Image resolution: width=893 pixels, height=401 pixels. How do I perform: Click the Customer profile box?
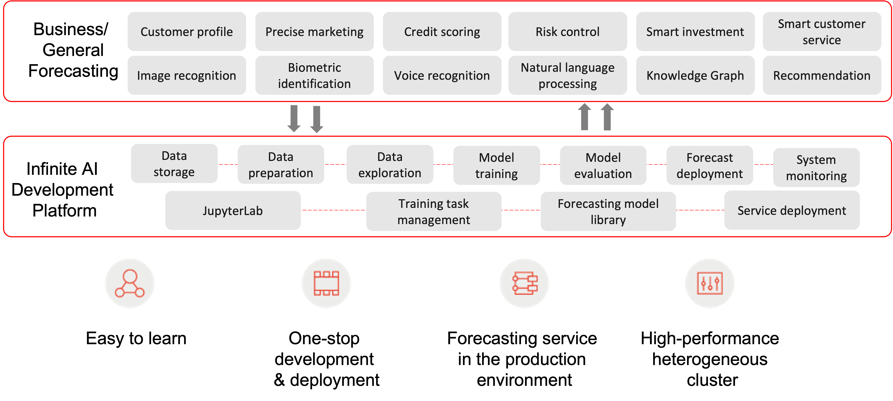186,32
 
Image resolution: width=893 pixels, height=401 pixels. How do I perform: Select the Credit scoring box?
442,32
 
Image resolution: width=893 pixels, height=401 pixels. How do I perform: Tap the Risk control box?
567,32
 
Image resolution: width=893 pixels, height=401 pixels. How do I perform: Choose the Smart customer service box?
822,32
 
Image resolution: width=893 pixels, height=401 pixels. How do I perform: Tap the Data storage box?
174,164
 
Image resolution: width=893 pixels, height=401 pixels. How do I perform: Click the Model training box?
496,165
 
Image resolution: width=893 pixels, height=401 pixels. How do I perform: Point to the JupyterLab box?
233,210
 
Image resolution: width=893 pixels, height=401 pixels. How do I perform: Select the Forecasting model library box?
608,211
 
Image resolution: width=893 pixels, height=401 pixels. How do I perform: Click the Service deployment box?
792,210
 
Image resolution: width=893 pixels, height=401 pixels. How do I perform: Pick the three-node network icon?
130,283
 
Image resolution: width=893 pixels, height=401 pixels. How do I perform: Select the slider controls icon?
710,283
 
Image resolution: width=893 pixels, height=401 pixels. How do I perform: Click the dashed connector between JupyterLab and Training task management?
333,210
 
